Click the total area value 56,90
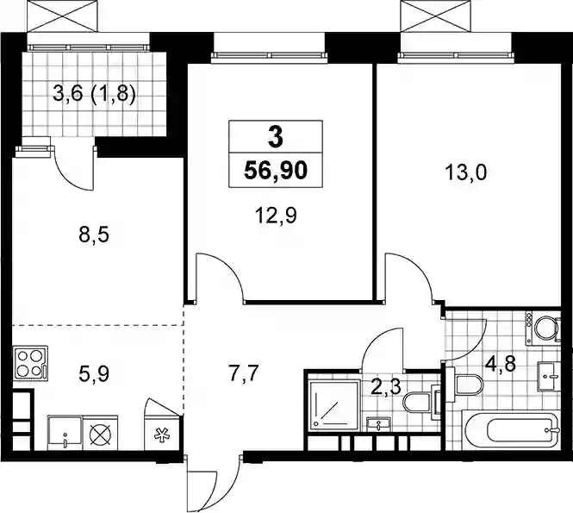(x=276, y=171)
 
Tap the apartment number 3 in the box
(x=275, y=138)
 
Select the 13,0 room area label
(x=465, y=172)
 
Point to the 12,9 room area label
(x=276, y=216)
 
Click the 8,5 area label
(x=94, y=235)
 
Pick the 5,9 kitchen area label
(x=94, y=373)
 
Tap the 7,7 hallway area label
(x=244, y=373)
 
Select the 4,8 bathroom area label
(x=501, y=364)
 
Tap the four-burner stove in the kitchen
(x=30, y=362)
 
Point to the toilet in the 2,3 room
(x=421, y=403)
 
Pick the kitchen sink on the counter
(x=65, y=433)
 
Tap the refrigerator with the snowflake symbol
(x=162, y=433)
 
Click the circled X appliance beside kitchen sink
(x=101, y=433)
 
